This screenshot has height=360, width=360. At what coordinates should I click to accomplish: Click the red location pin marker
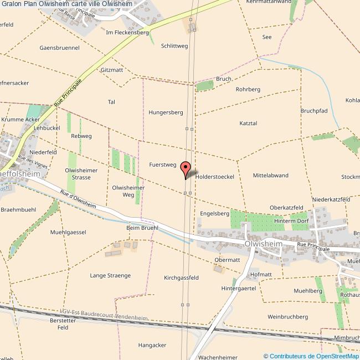click(186, 169)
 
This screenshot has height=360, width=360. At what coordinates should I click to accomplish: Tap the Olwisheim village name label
click(264, 244)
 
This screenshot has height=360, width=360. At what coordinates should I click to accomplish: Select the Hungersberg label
click(166, 112)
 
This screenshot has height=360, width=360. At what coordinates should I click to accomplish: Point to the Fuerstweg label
click(162, 164)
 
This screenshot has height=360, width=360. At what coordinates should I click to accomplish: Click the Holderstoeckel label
click(215, 176)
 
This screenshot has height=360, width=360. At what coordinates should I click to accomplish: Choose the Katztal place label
click(249, 123)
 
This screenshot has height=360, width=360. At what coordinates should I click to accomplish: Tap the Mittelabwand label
click(270, 176)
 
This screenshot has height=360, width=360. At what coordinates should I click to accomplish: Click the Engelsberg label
click(214, 213)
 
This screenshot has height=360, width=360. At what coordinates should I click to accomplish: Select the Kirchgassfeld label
click(181, 277)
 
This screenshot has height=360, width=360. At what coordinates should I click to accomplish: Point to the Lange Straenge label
click(110, 275)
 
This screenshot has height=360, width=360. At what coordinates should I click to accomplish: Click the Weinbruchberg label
click(287, 317)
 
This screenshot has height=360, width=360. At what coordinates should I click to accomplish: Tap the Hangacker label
click(152, 345)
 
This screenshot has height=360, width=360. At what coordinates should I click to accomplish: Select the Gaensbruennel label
click(59, 48)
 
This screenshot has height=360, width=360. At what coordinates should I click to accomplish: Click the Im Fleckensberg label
click(127, 33)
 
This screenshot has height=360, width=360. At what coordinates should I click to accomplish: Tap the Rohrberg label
click(248, 89)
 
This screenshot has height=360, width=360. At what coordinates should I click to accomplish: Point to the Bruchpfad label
click(315, 111)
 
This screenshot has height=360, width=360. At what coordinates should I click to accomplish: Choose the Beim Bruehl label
click(142, 228)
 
